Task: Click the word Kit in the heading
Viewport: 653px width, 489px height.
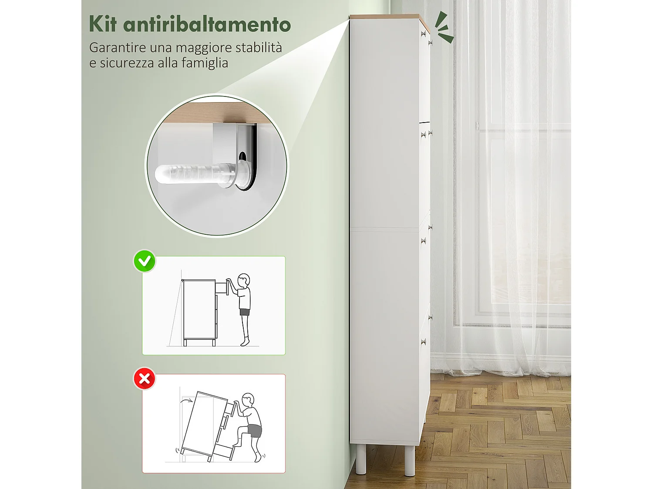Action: (x=103, y=24)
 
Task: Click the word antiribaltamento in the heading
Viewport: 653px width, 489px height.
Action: (x=207, y=24)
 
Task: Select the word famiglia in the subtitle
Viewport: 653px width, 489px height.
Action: (x=205, y=63)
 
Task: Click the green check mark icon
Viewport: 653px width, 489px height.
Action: (x=145, y=261)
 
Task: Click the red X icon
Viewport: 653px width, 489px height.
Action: (x=145, y=379)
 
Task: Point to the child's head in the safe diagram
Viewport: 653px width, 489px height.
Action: (x=244, y=279)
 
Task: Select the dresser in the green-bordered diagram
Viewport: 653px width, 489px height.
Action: (x=199, y=311)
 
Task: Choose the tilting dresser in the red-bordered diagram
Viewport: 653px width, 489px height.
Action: (x=205, y=426)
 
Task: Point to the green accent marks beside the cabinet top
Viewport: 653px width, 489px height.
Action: (x=444, y=27)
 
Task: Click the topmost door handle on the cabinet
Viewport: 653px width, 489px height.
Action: (x=423, y=34)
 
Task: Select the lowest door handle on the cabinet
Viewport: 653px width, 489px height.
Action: (x=423, y=343)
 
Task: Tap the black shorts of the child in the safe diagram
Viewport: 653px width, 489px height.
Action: (x=245, y=312)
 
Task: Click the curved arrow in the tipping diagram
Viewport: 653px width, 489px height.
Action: (x=188, y=400)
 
